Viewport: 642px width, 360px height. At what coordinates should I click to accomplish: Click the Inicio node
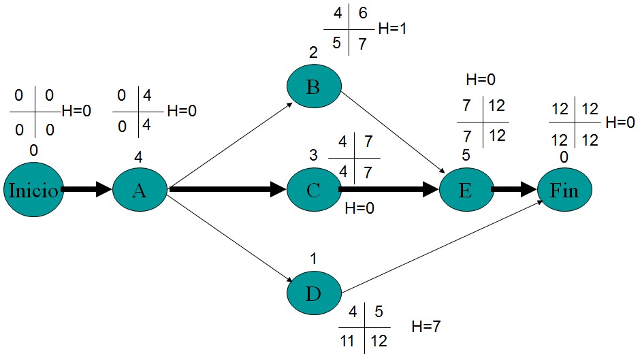tap(32, 190)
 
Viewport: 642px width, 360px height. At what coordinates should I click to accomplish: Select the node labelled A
tap(140, 190)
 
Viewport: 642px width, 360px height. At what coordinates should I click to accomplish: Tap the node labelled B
tap(314, 86)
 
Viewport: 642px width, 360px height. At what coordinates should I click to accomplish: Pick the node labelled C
tap(314, 190)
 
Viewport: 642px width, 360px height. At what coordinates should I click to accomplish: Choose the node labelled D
tap(314, 293)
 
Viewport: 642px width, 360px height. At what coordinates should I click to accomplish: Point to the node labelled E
tap(466, 190)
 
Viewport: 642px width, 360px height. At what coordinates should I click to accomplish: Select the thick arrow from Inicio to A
tap(86, 190)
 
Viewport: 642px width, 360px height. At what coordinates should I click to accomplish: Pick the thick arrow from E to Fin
tap(515, 190)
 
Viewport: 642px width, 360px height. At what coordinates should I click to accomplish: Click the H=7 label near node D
tap(426, 327)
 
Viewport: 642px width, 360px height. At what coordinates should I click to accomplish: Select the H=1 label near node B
tap(392, 30)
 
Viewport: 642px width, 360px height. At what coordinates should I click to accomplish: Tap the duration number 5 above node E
tap(466, 155)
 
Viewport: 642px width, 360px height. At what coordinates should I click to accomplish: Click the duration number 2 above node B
tap(313, 52)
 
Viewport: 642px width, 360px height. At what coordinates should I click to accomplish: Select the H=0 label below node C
tap(359, 209)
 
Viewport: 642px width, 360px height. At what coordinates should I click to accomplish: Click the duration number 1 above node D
tap(313, 259)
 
